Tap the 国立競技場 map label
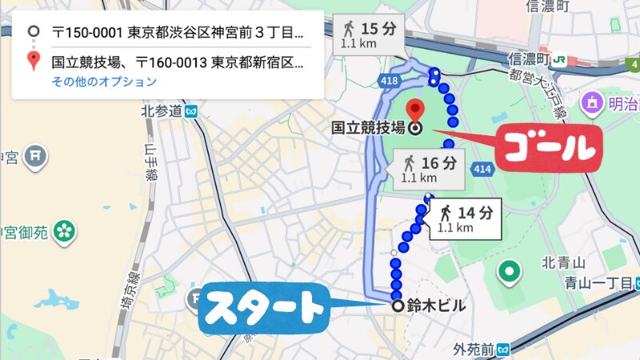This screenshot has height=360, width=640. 369,127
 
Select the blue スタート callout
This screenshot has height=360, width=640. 263,305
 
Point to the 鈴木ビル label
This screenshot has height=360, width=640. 436,306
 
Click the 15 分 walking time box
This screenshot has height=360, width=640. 368,33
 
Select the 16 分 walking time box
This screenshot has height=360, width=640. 429,170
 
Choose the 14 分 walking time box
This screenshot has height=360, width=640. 466,218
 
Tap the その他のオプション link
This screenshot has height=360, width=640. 104,82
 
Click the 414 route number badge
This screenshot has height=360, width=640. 482,169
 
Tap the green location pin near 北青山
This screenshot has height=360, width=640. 507,273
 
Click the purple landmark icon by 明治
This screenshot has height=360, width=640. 593,102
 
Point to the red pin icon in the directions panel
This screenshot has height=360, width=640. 33,60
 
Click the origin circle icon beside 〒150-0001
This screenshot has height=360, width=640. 33,33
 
